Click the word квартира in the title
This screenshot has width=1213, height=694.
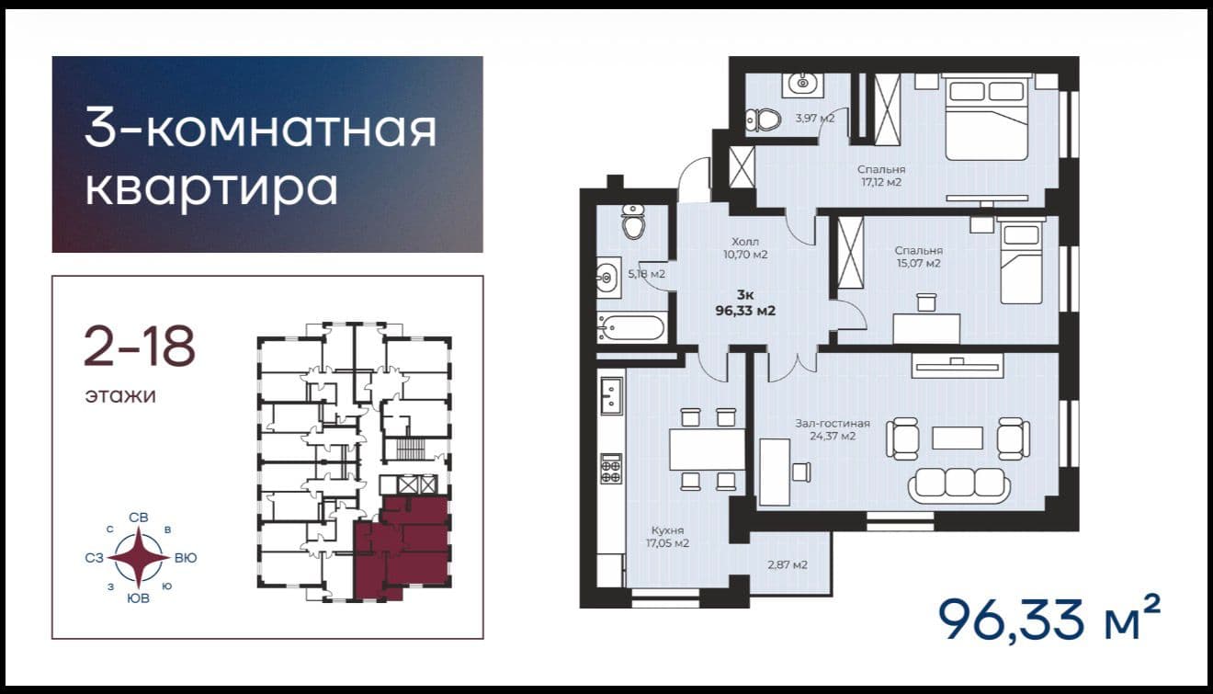coord(211,189)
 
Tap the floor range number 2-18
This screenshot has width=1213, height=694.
coord(139,347)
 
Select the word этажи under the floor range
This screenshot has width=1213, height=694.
coord(120,395)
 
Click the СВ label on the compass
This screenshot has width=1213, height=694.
coord(139,518)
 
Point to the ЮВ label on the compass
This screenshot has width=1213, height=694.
coord(138,598)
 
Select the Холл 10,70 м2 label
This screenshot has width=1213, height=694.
coord(745,247)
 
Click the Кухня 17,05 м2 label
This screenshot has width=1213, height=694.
coord(667,536)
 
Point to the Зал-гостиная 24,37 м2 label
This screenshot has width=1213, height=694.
coord(833,429)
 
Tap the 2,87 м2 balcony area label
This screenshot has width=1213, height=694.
coord(788,565)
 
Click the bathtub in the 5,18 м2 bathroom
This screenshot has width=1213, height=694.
coord(631,328)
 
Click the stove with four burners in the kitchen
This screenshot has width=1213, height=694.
coord(611,469)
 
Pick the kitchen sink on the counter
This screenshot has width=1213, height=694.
coord(611,396)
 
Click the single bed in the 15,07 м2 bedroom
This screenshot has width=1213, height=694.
coord(1021,261)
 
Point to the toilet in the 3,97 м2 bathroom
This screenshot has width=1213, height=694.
coord(764,119)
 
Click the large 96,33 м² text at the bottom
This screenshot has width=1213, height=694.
coord(1049,619)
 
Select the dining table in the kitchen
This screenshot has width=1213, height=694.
coord(708,449)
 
